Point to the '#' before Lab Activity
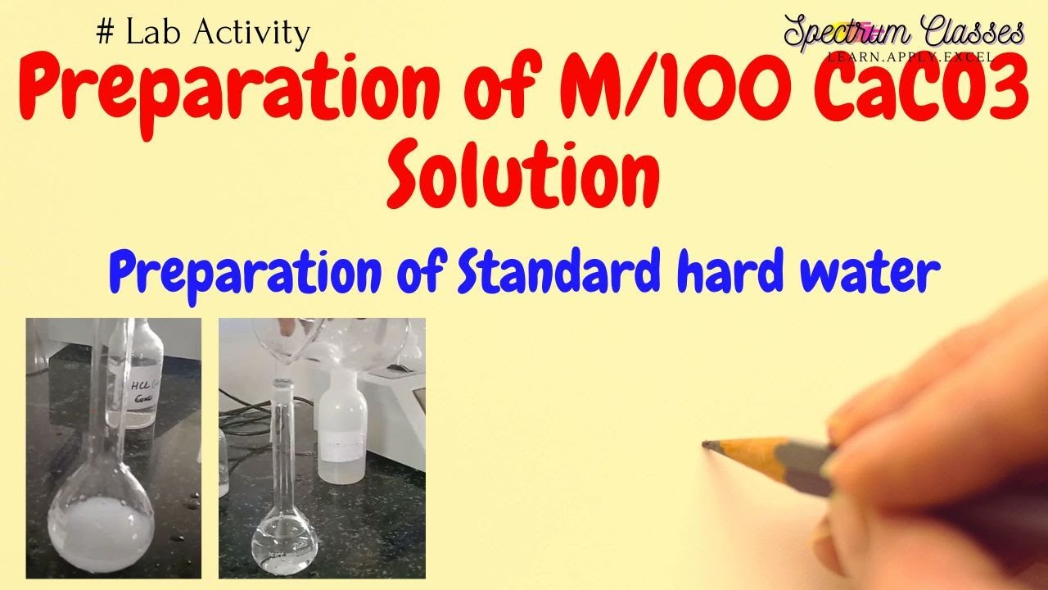104,33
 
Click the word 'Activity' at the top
258,34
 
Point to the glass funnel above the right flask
282,344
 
